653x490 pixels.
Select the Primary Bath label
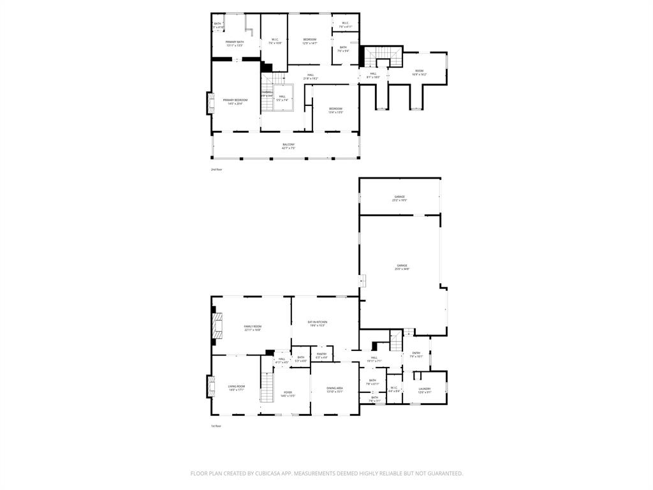235,43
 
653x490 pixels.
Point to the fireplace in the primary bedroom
209,104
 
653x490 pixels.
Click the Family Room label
253,327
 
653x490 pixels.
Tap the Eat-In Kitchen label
318,323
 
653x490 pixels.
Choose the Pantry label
321,355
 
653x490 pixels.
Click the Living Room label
237,387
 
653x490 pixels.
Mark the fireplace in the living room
209,385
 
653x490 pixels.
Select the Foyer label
288,393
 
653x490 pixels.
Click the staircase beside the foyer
267,387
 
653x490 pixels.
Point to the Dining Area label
335,389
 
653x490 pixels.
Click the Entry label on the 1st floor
416,354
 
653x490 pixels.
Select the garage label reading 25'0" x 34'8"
402,267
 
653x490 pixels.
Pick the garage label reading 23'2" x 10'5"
399,198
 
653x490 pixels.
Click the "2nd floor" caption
217,170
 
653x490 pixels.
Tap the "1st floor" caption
217,426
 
